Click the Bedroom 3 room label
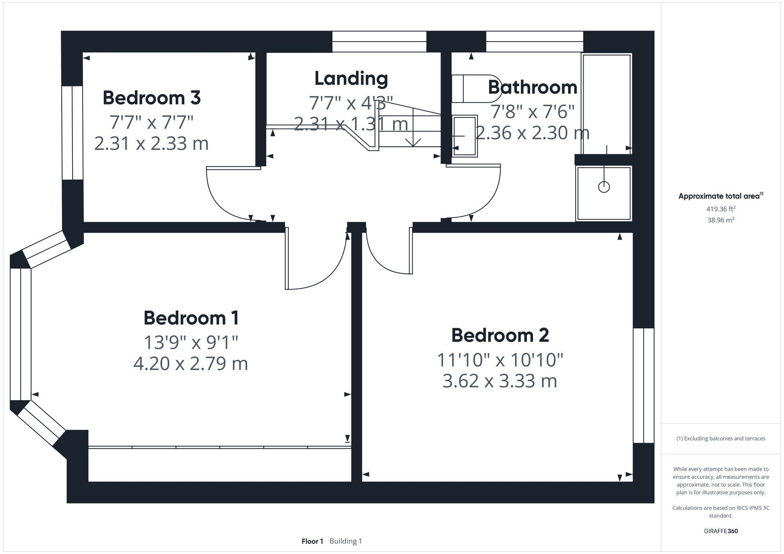click(x=152, y=98)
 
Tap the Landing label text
click(x=351, y=78)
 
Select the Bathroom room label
click(x=532, y=87)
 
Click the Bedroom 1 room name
click(x=191, y=318)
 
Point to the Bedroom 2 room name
click(x=500, y=336)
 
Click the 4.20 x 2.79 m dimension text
click(x=191, y=363)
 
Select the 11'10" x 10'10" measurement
click(x=500, y=360)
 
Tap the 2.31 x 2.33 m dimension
click(x=152, y=143)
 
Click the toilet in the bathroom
click(x=472, y=89)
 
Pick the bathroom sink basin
click(x=464, y=136)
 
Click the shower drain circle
click(x=604, y=187)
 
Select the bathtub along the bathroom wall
click(x=606, y=104)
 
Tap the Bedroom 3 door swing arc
click(x=220, y=204)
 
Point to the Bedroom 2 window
click(x=644, y=386)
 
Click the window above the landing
click(x=379, y=42)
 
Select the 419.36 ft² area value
click(x=720, y=209)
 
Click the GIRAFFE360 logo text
click(x=720, y=531)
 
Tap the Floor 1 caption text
click(x=312, y=541)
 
